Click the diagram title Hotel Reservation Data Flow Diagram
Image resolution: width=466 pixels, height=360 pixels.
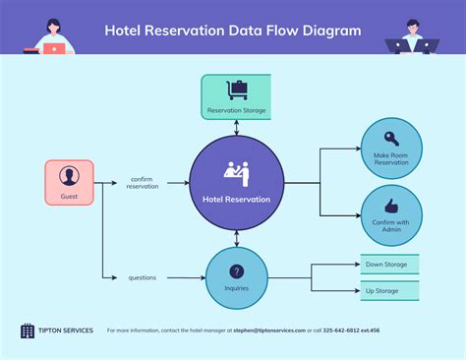tap(232, 30)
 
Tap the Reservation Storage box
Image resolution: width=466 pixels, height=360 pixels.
tap(236, 96)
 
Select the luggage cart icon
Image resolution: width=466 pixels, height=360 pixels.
tap(236, 89)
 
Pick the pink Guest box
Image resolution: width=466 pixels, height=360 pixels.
tap(69, 182)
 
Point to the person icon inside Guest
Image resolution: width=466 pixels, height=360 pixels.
tap(69, 176)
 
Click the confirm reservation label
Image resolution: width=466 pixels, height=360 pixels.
tap(142, 183)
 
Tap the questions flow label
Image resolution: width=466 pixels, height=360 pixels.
tap(142, 277)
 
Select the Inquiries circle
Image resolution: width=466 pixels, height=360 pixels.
tap(236, 276)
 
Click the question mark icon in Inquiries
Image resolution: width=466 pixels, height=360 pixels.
tap(236, 271)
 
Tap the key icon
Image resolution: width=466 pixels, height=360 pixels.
tap(391, 139)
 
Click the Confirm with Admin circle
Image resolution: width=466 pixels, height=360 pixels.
tap(391, 214)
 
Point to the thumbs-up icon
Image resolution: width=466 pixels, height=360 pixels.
tap(391, 206)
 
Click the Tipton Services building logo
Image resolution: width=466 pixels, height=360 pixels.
tap(27, 330)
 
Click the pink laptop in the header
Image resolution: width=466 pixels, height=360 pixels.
tap(54, 46)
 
